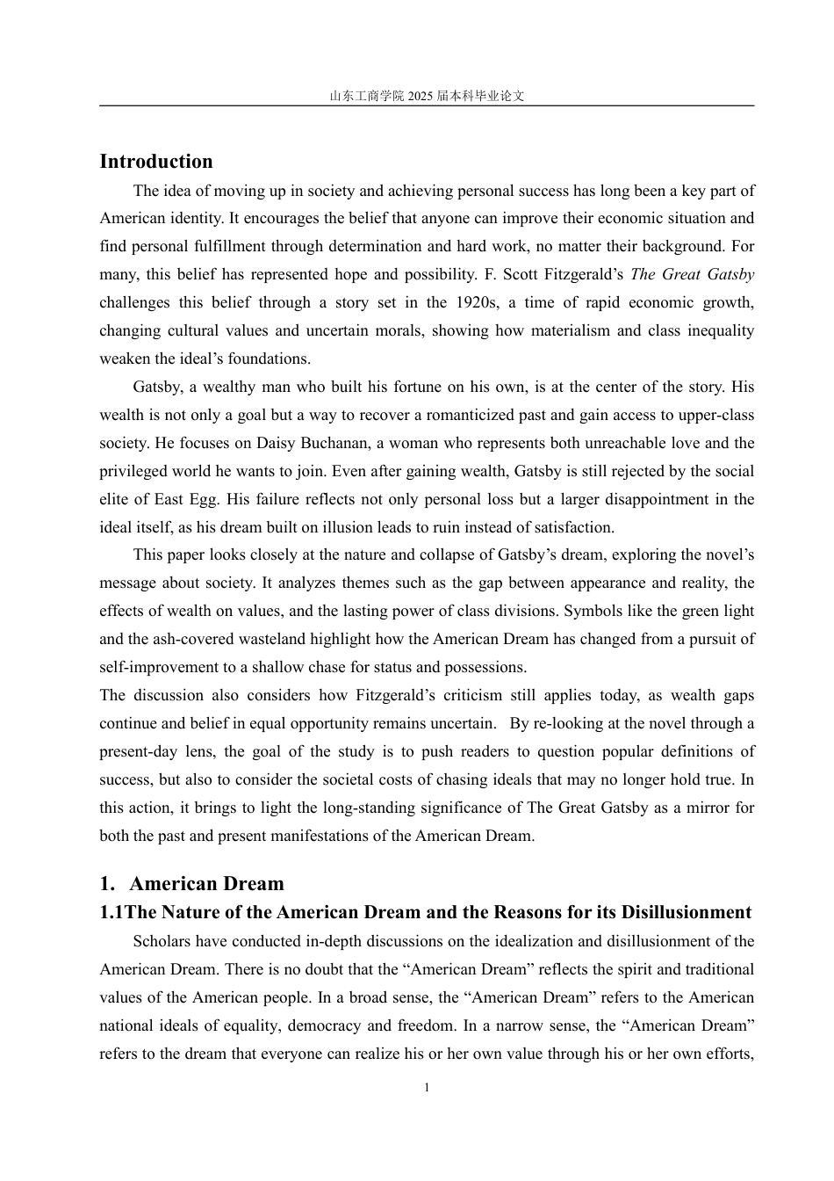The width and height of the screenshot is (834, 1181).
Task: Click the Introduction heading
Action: (156, 162)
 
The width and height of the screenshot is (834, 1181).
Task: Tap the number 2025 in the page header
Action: (421, 97)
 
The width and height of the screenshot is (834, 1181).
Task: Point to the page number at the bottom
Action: (427, 1088)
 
